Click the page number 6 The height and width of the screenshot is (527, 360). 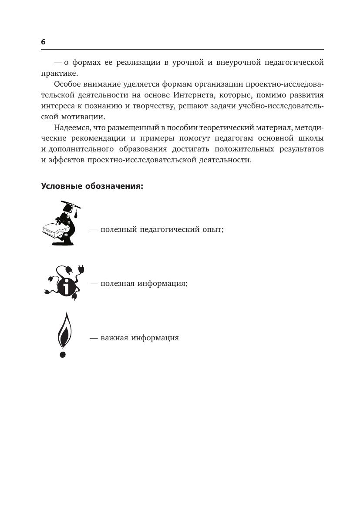43,42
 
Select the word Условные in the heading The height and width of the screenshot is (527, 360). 60,186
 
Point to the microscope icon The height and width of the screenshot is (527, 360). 67,226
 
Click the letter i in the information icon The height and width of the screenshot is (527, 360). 66,287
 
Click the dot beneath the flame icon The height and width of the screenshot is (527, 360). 63,355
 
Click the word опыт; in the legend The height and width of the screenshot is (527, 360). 213,229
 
